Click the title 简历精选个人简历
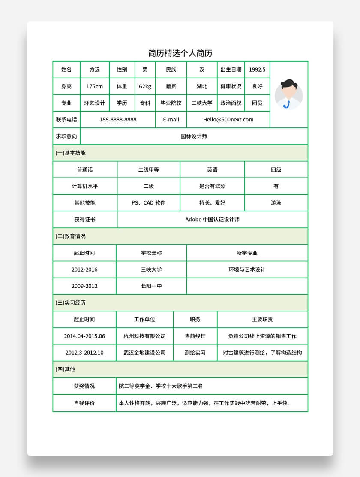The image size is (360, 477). [180, 53]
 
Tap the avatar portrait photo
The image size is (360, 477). [289, 94]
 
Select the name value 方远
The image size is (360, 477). [94, 69]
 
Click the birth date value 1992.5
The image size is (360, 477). [257, 69]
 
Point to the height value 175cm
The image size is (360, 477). [94, 86]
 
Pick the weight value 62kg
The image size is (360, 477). [145, 86]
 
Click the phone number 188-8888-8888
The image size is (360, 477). [118, 120]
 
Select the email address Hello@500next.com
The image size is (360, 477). [228, 120]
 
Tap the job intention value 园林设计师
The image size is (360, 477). [194, 136]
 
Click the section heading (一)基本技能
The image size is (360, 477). [71, 153]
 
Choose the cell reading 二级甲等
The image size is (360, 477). [149, 169]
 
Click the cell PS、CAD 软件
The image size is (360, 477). [149, 203]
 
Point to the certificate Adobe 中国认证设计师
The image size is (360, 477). [212, 220]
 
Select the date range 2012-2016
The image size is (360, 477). [84, 269]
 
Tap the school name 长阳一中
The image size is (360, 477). [151, 286]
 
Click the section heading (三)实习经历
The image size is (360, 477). [71, 302]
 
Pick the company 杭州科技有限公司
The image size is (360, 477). [144, 336]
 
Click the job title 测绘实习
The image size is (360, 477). [195, 353]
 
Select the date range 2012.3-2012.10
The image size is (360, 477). [84, 353]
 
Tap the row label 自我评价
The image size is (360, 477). [84, 403]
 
